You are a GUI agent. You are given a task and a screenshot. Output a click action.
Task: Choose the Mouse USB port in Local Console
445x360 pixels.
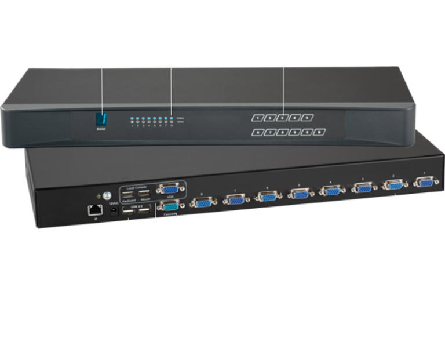tap(145, 192)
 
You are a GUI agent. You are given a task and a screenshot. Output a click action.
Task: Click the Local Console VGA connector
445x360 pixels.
tap(169, 190)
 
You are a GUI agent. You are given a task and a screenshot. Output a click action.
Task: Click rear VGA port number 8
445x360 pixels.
tap(202, 202)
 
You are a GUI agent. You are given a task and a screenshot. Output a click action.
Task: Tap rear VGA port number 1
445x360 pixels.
tap(426, 181)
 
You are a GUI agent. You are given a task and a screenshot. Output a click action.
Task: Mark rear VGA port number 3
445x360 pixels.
tap(363, 188)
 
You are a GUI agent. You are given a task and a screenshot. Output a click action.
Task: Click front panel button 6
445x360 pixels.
tap(257, 132)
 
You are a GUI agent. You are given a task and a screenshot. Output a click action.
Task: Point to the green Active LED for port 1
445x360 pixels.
tap(133, 122)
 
